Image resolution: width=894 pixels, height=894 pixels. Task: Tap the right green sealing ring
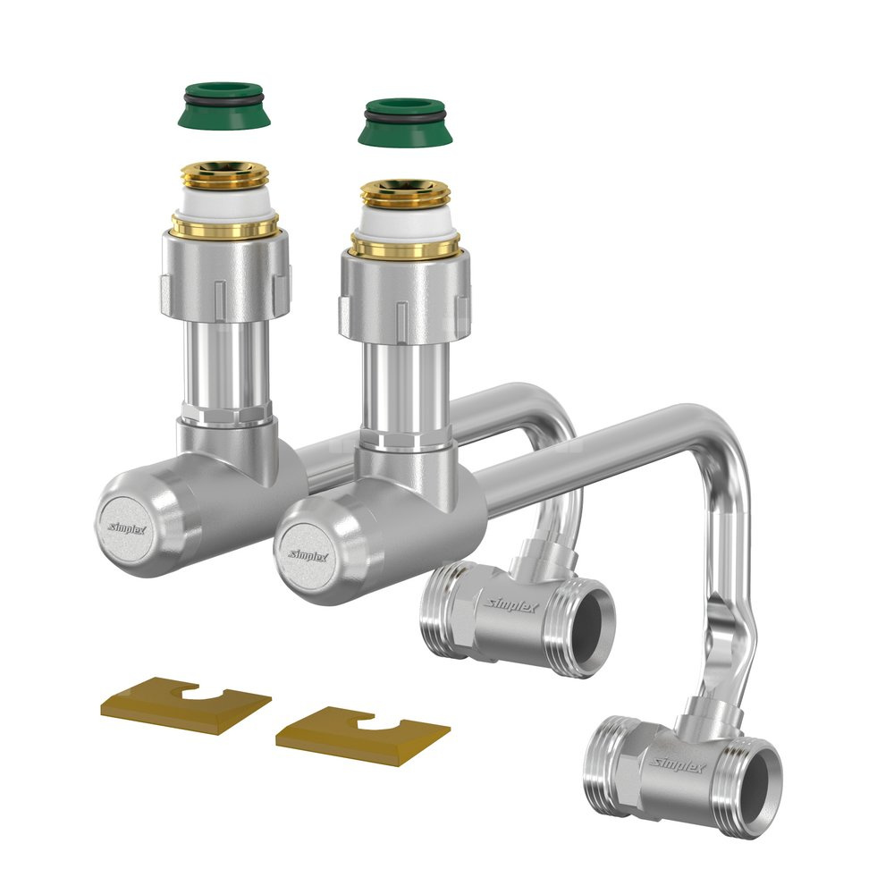pos(405,122)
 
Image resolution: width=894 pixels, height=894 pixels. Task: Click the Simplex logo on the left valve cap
pos(127,528)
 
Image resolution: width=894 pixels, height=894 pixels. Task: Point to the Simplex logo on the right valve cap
pos(308,555)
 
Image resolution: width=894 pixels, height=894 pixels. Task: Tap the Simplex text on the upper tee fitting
pos(511,605)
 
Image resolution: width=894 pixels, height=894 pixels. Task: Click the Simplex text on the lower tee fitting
pos(678,765)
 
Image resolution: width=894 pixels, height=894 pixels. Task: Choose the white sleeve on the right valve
pos(405,221)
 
